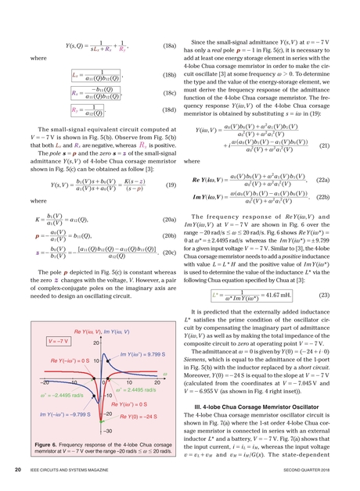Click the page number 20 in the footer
[18, 470]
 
